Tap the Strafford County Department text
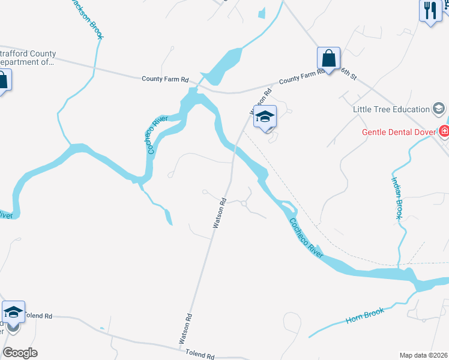pyautogui.click(x=27, y=57)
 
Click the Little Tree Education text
pyautogui.click(x=391, y=109)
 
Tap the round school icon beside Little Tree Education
pyautogui.click(x=439, y=109)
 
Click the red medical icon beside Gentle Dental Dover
pyautogui.click(x=444, y=131)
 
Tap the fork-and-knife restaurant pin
pyautogui.click(x=430, y=11)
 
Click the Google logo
pyautogui.click(x=20, y=353)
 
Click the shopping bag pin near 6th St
pyautogui.click(x=328, y=59)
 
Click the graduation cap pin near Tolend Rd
pyautogui.click(x=13, y=312)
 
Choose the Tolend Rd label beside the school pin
pyautogui.click(x=38, y=316)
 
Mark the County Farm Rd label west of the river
pyautogui.click(x=165, y=79)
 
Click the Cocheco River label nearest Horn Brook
pyautogui.click(x=306, y=238)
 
